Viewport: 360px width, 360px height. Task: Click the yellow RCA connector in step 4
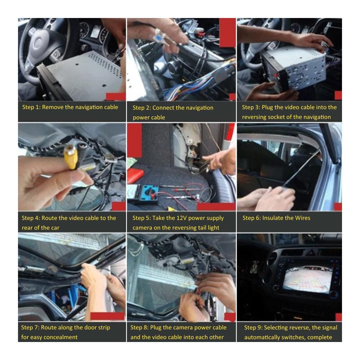point(71,157)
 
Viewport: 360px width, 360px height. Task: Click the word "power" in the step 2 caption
point(140,118)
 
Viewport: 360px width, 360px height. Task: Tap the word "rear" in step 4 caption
point(27,228)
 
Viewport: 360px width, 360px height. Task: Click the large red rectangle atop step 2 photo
point(227,33)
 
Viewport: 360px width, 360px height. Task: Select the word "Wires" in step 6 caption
point(303,218)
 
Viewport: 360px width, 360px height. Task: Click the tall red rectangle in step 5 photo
point(135,140)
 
